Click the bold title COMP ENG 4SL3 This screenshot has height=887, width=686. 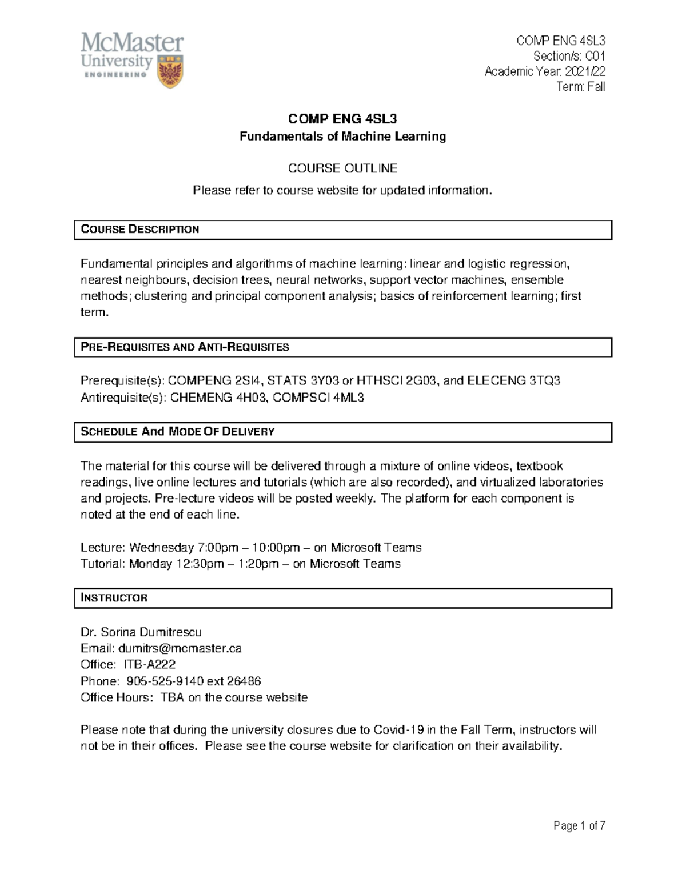(342, 119)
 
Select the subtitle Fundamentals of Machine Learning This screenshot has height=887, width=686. (342, 136)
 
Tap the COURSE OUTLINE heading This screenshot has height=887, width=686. (342, 168)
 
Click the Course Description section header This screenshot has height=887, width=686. (140, 230)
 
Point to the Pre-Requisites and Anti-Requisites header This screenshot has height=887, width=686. (185, 347)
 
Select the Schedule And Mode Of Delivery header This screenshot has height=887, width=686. (177, 432)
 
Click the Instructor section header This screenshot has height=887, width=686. (114, 598)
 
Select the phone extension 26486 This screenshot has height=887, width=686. (244, 681)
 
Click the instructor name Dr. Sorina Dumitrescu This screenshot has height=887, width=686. (141, 632)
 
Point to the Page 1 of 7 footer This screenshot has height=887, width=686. (579, 826)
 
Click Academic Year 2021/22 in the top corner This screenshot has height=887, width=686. (545, 71)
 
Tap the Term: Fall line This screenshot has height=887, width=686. (581, 87)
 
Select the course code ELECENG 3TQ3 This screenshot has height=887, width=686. (513, 381)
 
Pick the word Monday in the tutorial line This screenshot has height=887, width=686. (150, 564)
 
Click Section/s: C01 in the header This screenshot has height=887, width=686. (569, 56)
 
